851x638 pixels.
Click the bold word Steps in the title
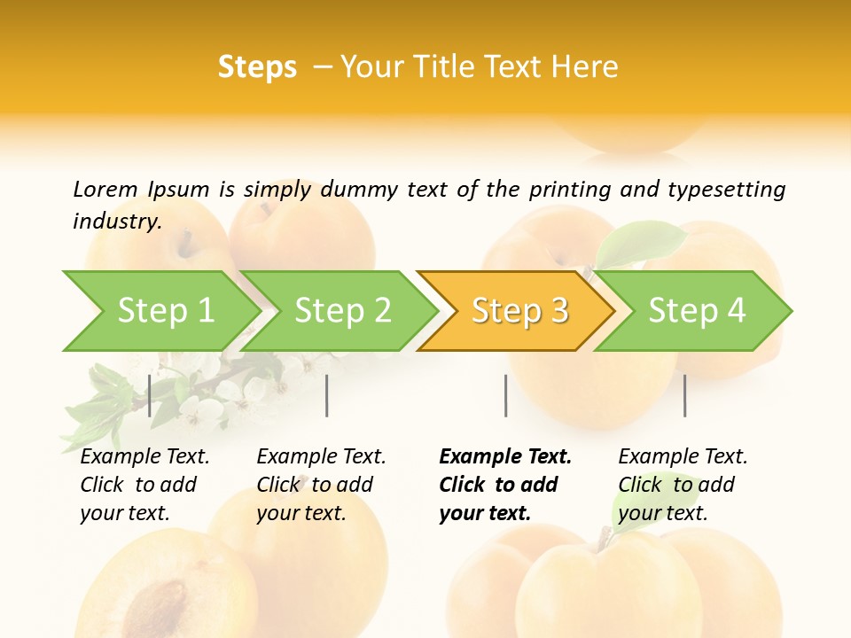tap(257, 67)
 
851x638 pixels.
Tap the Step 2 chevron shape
tap(342, 311)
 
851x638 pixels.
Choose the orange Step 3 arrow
tap(519, 311)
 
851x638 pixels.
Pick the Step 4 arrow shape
tap(697, 311)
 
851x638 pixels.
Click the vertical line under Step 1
tap(150, 395)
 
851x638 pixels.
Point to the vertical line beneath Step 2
tap(327, 395)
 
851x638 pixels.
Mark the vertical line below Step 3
tap(505, 395)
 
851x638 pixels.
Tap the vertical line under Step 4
tap(684, 395)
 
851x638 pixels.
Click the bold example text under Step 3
tap(504, 485)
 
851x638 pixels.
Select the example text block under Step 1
tap(144, 485)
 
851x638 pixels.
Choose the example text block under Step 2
tap(321, 485)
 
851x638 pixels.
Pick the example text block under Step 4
tap(683, 485)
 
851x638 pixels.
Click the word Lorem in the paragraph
tap(105, 189)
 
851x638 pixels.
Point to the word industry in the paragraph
tap(116, 221)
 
